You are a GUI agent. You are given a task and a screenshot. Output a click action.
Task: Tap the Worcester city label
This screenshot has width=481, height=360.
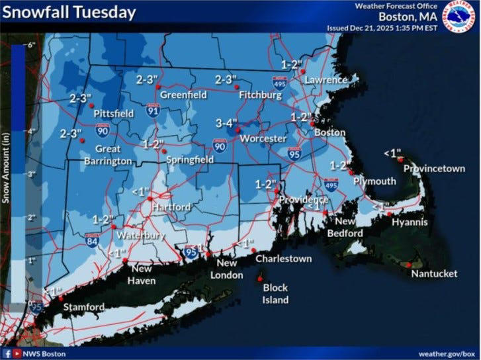(x=263, y=139)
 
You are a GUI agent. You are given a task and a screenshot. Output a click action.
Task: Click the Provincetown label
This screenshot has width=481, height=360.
(x=434, y=169)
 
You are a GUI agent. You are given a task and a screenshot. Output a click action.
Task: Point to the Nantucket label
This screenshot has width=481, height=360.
(x=434, y=273)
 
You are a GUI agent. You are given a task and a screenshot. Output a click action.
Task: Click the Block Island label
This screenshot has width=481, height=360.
(x=276, y=294)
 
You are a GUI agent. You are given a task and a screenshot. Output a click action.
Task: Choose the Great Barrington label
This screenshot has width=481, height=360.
(x=104, y=155)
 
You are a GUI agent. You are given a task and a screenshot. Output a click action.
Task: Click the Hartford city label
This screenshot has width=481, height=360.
(x=171, y=207)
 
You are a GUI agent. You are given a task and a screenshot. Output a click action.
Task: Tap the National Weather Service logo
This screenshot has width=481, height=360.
(x=461, y=17)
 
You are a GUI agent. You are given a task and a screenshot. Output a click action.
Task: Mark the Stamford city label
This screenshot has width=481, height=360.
(x=83, y=307)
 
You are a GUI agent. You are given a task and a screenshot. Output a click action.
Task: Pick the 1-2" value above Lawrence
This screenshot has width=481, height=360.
(x=292, y=65)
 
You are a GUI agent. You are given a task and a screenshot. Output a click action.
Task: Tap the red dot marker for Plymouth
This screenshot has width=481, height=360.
(x=351, y=171)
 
